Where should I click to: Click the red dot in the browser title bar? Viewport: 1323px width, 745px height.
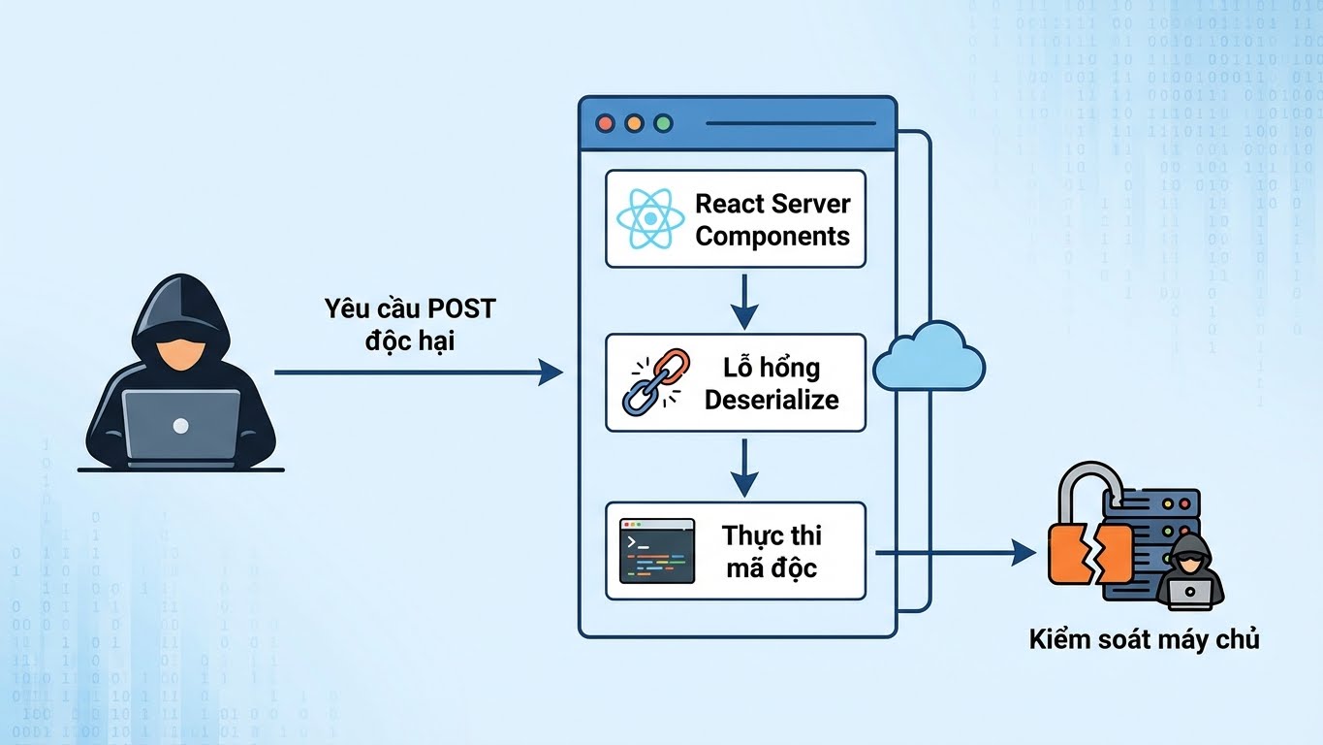pyautogui.click(x=606, y=123)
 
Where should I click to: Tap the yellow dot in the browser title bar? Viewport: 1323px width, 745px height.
pyautogui.click(x=634, y=123)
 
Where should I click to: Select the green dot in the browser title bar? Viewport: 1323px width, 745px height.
pyautogui.click(x=663, y=123)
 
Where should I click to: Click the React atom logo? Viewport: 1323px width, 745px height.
pyautogui.click(x=650, y=219)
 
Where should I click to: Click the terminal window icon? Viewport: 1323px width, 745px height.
pyautogui.click(x=657, y=551)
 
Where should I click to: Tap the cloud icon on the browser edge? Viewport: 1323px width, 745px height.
pyautogui.click(x=929, y=359)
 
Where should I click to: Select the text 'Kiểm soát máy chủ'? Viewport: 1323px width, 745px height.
pyautogui.click(x=1144, y=640)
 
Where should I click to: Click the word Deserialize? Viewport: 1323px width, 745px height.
pyautogui.click(x=772, y=399)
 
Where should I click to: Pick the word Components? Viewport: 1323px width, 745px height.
pyautogui.click(x=772, y=236)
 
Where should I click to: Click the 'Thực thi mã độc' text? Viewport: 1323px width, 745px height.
pyautogui.click(x=772, y=551)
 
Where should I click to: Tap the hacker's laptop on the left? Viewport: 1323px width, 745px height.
pyautogui.click(x=181, y=425)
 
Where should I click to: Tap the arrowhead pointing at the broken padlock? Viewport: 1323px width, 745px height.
pyautogui.click(x=1024, y=554)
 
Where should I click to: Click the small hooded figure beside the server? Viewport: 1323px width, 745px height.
pyautogui.click(x=1192, y=572)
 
